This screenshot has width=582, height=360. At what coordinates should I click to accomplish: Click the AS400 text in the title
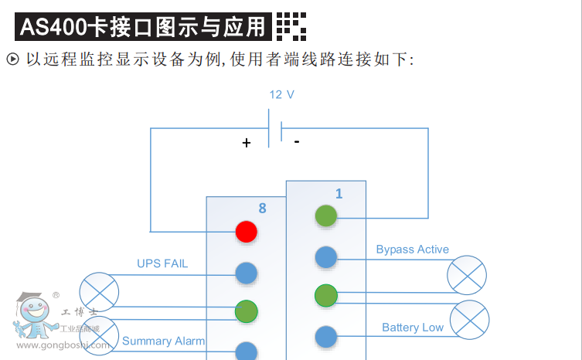53,28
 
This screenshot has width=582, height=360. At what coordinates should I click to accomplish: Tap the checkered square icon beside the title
291,27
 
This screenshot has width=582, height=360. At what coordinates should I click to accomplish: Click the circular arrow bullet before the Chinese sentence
12,59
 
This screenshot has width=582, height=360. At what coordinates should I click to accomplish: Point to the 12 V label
281,94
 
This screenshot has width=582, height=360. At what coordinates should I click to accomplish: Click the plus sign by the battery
247,143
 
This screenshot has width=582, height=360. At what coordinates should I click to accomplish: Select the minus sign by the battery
297,142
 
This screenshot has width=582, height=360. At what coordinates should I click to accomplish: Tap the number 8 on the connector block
262,208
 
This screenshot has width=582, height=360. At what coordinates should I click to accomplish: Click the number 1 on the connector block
339,194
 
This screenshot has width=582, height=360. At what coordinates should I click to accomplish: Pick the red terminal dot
247,231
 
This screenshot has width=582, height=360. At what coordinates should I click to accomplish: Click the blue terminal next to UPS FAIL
247,272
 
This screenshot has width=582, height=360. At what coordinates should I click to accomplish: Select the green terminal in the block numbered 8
247,311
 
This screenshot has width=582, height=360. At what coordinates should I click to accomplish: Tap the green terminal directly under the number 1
326,216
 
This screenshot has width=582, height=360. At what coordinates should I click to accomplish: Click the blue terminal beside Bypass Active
326,257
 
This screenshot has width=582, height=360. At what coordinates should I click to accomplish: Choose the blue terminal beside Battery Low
326,337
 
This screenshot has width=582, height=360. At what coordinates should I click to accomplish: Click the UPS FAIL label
162,263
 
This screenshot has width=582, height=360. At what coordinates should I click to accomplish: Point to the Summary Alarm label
163,341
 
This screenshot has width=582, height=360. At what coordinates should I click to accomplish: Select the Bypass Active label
412,250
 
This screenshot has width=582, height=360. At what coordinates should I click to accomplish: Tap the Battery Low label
413,328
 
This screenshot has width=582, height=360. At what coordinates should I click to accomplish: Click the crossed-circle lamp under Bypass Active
467,276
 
